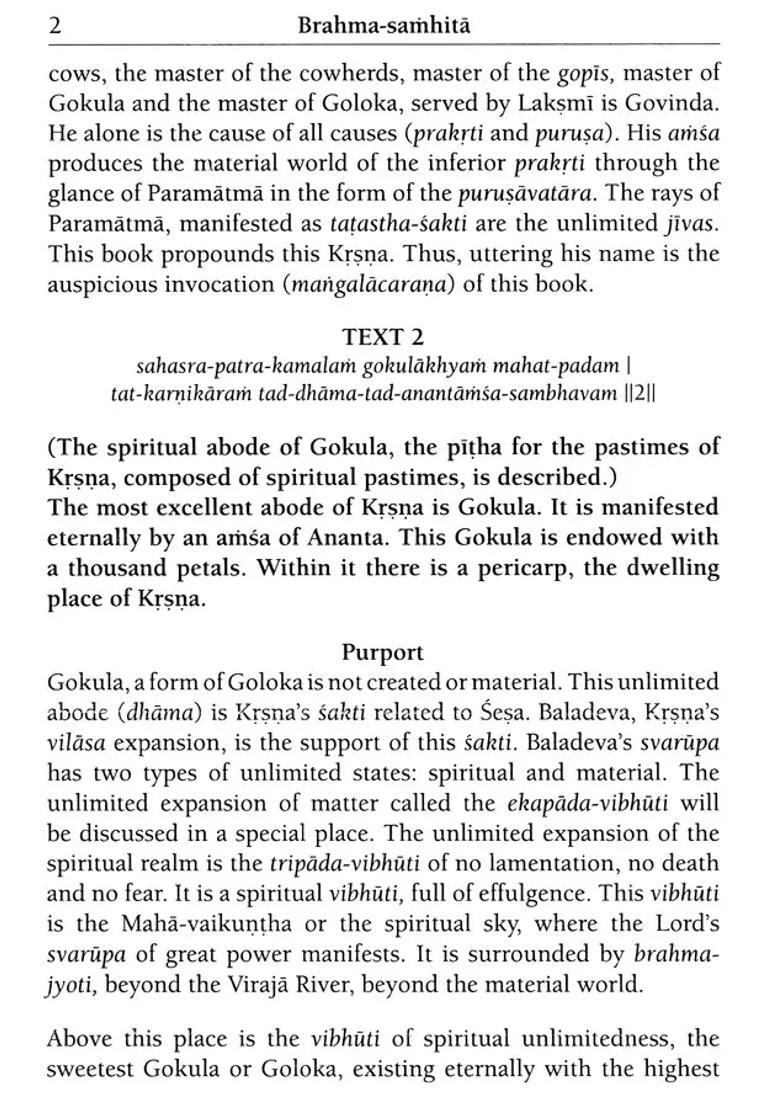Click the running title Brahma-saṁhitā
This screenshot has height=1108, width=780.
384,26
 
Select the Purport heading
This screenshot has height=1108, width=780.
383,652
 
